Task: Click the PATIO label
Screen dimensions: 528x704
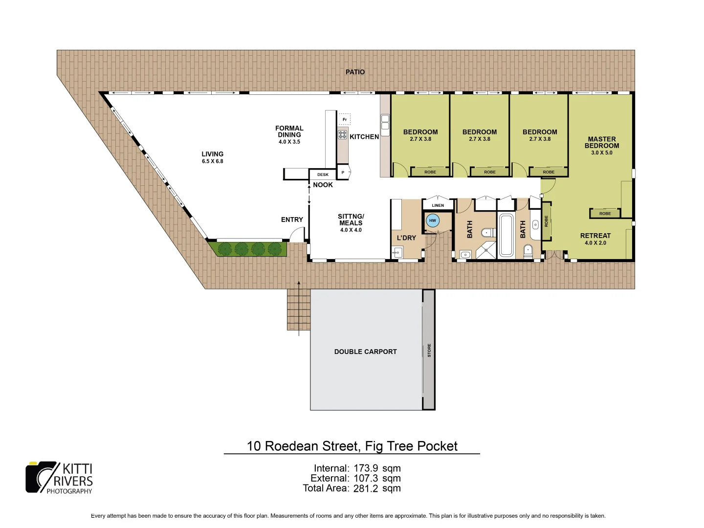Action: [x=355, y=72]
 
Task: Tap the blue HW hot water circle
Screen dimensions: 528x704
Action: [x=432, y=220]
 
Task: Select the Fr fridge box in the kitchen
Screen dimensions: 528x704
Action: [x=345, y=119]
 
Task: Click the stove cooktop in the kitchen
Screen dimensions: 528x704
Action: [x=342, y=134]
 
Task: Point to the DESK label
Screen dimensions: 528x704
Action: [x=323, y=175]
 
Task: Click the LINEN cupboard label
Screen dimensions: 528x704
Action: [x=438, y=205]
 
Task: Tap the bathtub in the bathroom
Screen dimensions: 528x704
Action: [x=506, y=235]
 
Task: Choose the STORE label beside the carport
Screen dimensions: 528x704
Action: [x=429, y=350]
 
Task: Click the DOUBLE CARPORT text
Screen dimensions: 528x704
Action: [x=365, y=352]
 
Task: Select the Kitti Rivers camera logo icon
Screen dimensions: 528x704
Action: [x=42, y=477]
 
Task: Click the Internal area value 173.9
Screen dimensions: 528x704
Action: [x=366, y=468]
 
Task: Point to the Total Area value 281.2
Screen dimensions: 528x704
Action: [x=366, y=488]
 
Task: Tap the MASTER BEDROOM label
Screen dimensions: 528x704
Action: [x=602, y=142]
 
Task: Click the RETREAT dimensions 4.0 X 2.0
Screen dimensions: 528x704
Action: [x=595, y=243]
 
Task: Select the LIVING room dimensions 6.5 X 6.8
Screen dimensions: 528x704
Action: [x=212, y=161]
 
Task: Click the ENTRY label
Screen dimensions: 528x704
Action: [x=292, y=220]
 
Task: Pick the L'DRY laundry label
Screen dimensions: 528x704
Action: [x=406, y=238]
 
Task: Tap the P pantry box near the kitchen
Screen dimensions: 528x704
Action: [x=343, y=173]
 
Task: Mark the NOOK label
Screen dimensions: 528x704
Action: [x=323, y=185]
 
